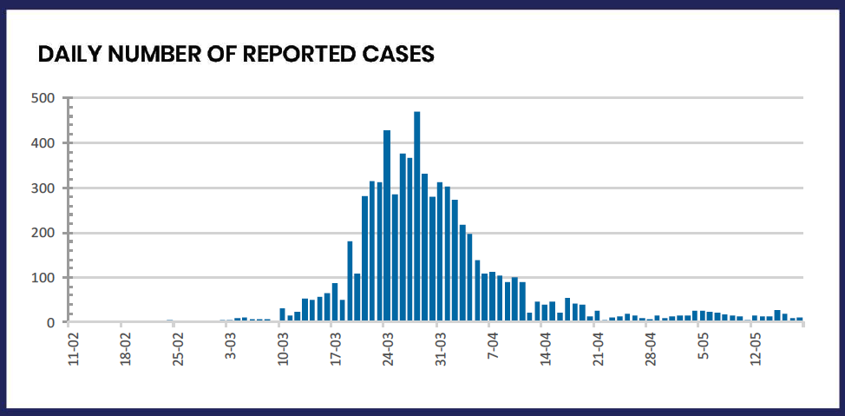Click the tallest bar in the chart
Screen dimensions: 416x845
click(417, 217)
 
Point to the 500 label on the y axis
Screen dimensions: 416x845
click(43, 97)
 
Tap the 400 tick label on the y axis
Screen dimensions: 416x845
click(43, 142)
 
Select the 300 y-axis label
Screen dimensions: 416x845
click(43, 188)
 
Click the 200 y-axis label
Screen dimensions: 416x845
click(43, 233)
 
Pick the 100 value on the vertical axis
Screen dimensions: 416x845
click(43, 278)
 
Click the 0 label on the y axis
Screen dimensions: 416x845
click(51, 323)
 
